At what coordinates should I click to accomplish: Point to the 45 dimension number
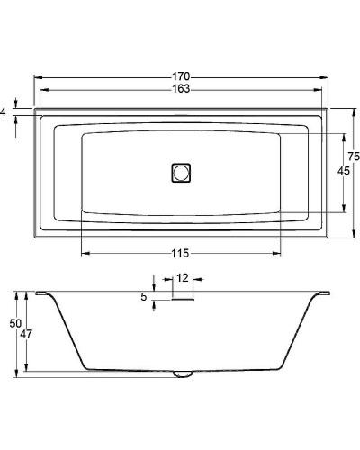[342, 171]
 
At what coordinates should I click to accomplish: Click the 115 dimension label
[181, 253]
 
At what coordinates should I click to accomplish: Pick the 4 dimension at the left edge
[4, 112]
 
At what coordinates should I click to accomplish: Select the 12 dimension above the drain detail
[182, 278]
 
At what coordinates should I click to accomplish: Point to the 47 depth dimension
[27, 333]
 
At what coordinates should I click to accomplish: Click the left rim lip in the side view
[42, 293]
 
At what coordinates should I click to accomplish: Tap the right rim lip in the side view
[319, 293]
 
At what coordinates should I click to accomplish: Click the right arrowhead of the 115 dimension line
[283, 253]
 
